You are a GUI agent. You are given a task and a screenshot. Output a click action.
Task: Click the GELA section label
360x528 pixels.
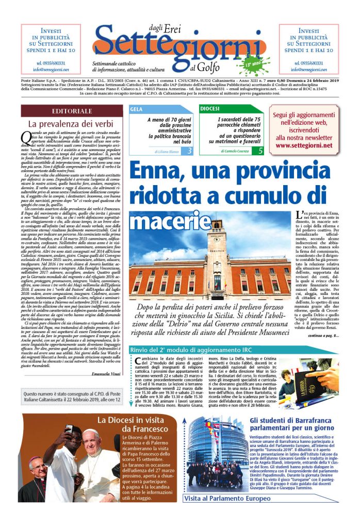click(x=137, y=109)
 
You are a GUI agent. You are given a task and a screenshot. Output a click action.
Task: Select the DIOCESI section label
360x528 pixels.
click(x=210, y=109)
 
